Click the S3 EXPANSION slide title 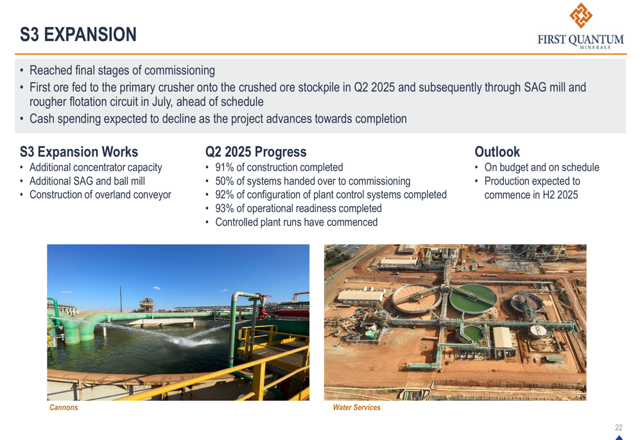click(x=78, y=35)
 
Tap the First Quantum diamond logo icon click(x=580, y=15)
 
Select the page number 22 click(x=619, y=427)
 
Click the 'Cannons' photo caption click(x=64, y=407)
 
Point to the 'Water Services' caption click(x=356, y=407)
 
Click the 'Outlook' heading click(x=497, y=152)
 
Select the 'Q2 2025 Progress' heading click(x=256, y=152)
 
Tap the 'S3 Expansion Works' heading click(x=79, y=152)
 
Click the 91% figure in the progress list click(x=224, y=167)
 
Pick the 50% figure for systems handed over click(x=224, y=181)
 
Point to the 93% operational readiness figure click(x=224, y=208)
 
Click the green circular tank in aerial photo click(x=473, y=298)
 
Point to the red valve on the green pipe click(x=263, y=312)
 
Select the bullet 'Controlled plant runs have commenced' click(x=297, y=222)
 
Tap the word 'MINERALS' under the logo click(x=595, y=48)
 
